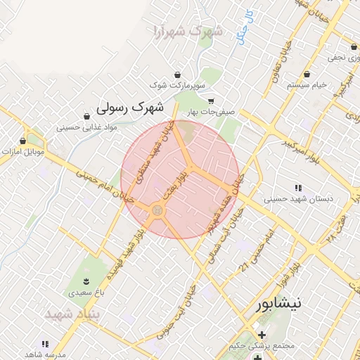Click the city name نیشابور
click(x=276, y=304)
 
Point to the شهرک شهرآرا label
click(x=187, y=31)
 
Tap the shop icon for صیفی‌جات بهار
click(x=210, y=101)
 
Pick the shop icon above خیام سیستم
click(x=307, y=75)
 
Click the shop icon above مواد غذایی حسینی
click(x=86, y=117)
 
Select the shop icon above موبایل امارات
click(x=22, y=141)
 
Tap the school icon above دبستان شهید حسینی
click(x=298, y=188)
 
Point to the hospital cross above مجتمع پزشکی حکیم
click(x=262, y=335)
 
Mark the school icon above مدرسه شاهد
click(x=45, y=344)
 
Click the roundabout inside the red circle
click(x=157, y=210)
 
